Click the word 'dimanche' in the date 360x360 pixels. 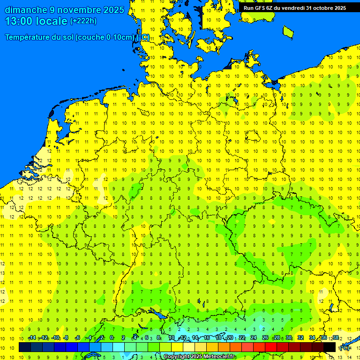point(25,10)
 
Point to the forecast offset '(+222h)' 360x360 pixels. point(83,21)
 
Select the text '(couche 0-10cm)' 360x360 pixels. point(105,37)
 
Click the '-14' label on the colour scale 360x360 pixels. point(32,338)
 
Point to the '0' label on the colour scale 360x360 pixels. point(112,338)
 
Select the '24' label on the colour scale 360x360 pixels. point(254,338)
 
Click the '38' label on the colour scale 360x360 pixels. point(336,338)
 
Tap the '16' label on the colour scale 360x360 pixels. point(206,338)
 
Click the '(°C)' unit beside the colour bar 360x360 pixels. point(345,348)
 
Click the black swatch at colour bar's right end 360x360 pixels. point(330,347)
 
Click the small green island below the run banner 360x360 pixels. point(288,31)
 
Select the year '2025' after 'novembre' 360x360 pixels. point(113,10)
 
